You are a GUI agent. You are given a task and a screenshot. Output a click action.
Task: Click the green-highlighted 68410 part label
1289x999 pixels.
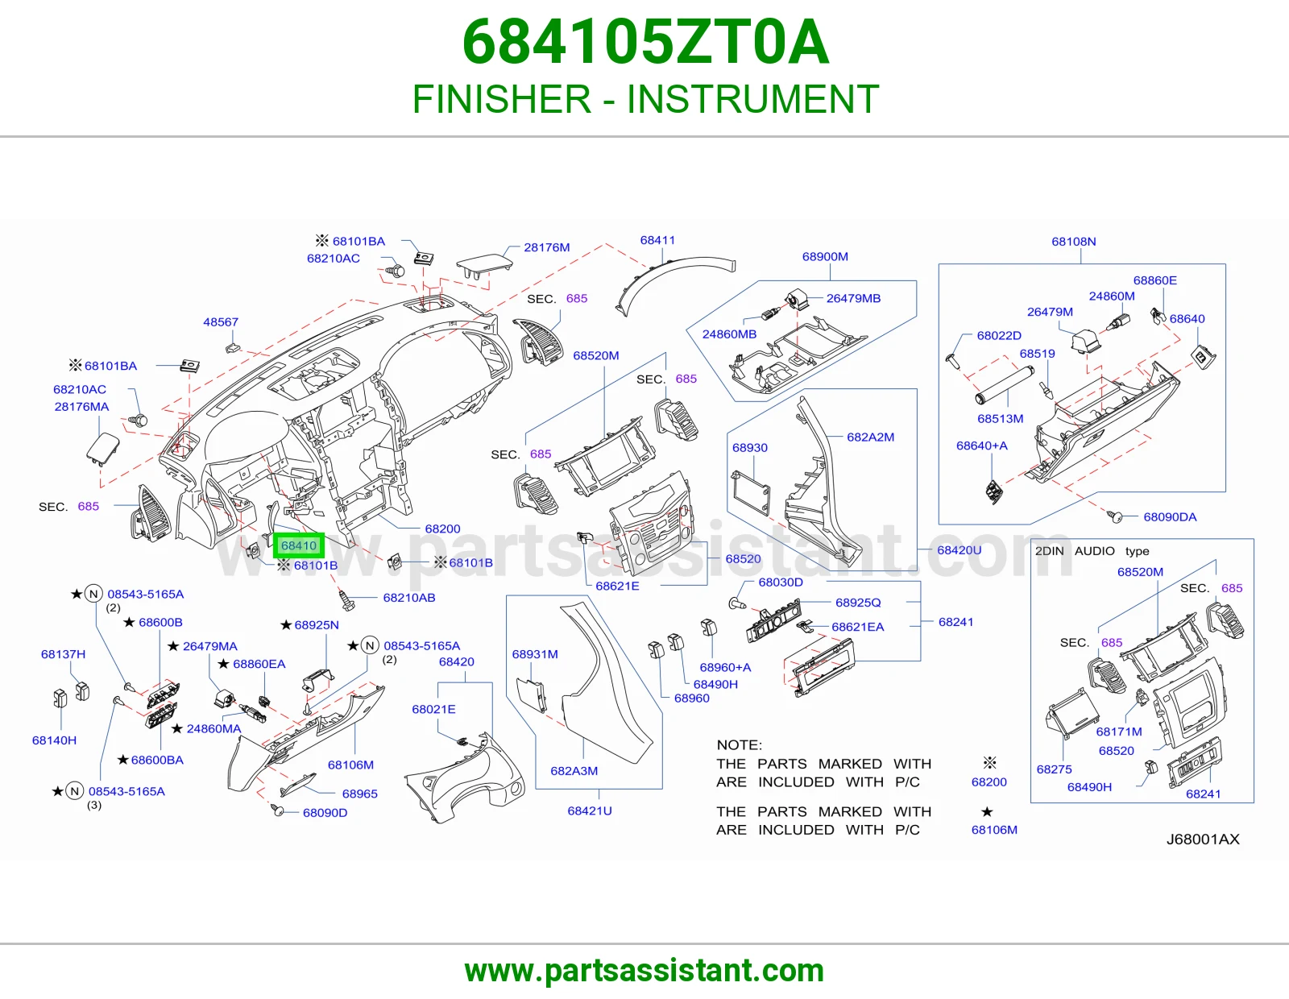[299, 545]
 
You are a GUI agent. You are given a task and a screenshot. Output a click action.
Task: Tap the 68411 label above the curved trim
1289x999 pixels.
[657, 240]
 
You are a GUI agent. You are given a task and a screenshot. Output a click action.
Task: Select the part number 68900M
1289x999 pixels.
[825, 257]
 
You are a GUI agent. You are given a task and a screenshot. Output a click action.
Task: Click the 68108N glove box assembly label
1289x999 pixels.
[1074, 242]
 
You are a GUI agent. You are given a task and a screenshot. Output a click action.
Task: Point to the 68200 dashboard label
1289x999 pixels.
[442, 529]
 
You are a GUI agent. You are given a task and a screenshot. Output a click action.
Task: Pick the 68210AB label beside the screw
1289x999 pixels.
[409, 597]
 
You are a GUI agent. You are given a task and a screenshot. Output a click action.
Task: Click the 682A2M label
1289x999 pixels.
[870, 437]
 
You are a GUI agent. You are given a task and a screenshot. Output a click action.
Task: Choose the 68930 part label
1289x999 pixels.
[750, 447]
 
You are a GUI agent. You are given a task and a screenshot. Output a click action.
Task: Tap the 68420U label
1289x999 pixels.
[959, 550]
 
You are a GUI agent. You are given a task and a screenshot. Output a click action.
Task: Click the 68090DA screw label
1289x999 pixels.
[1170, 516]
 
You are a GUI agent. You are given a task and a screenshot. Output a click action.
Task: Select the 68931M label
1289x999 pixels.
[535, 654]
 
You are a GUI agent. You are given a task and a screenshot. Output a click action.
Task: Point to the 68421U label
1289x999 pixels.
[590, 810]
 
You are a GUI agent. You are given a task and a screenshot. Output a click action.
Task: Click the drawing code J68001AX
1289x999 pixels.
[1203, 839]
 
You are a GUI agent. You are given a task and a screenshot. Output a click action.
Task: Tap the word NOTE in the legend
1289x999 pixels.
[739, 744]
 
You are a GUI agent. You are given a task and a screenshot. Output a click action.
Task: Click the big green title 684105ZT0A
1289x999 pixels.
[645, 42]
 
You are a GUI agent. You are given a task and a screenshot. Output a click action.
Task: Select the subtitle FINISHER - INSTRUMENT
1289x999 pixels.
[645, 99]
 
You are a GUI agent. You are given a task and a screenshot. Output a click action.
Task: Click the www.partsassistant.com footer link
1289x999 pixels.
[644, 971]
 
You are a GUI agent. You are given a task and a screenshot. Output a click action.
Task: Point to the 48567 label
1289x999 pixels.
[221, 322]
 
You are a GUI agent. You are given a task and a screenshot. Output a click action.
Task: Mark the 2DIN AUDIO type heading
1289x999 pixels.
[1092, 551]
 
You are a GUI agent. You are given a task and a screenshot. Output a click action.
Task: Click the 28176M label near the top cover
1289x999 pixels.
[546, 247]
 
